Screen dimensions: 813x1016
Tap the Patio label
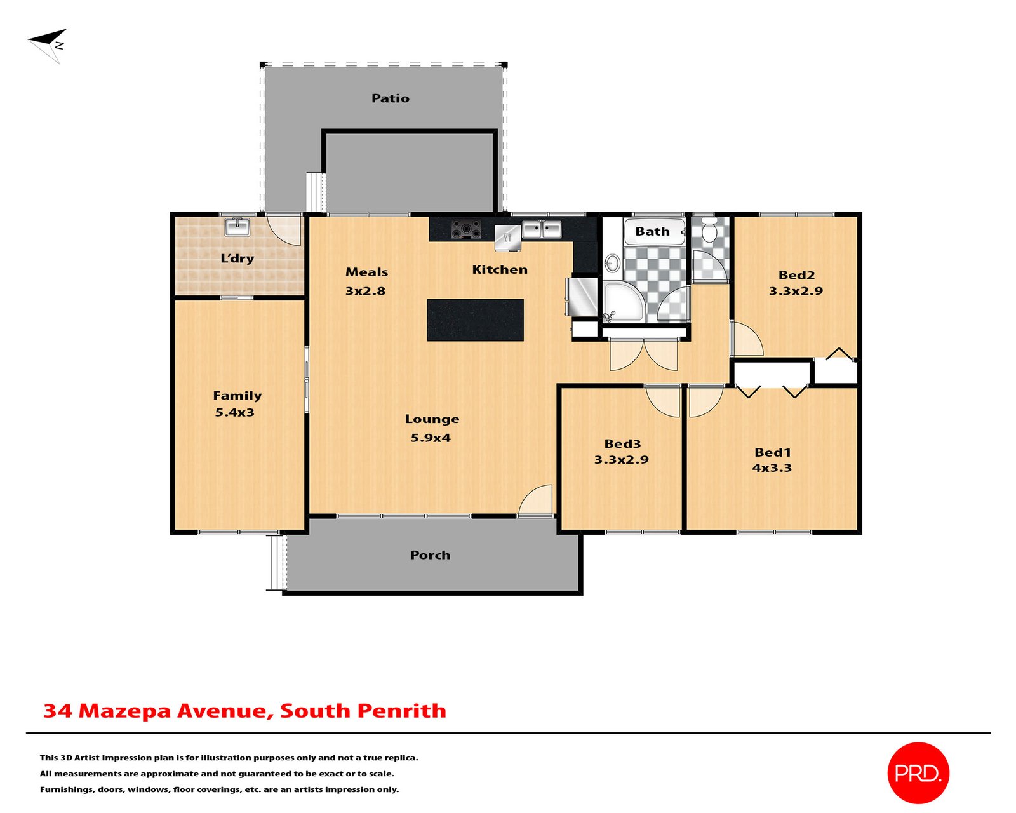tap(390, 98)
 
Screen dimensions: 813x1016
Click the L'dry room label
tap(237, 259)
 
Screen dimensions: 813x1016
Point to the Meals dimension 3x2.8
tap(365, 292)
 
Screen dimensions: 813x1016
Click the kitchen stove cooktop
tap(466, 229)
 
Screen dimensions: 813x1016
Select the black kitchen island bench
tap(475, 320)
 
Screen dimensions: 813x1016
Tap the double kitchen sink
tap(542, 229)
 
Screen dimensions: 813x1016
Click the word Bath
tap(652, 232)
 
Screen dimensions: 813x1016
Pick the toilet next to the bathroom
tap(709, 230)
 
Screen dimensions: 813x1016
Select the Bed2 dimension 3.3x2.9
tap(796, 292)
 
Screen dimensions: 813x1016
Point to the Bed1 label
tap(772, 452)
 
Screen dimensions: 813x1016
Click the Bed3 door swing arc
tap(664, 401)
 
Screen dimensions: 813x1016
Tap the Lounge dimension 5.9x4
tap(430, 438)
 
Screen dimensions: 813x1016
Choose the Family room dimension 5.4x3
tap(234, 412)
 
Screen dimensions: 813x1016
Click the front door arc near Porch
tap(537, 500)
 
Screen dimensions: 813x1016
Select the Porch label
tap(430, 555)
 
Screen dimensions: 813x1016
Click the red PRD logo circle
tap(918, 773)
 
